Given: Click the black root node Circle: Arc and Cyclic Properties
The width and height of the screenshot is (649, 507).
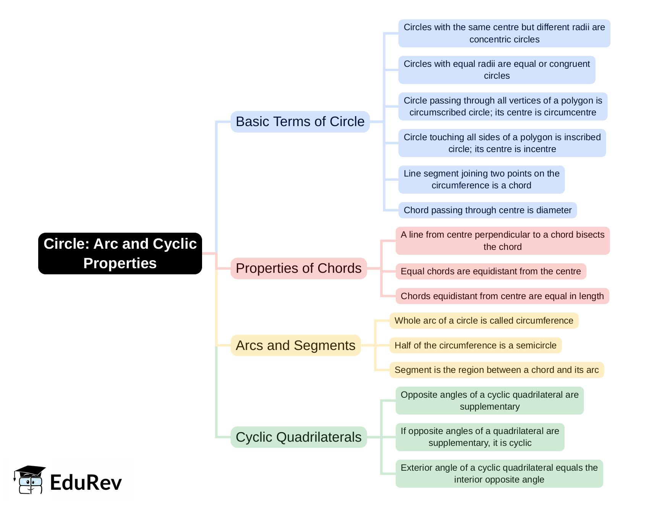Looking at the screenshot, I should tap(120, 253).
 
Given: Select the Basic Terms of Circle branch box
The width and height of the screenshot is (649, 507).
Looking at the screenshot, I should tap(300, 121).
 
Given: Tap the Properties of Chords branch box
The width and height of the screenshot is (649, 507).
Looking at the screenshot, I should tap(298, 268).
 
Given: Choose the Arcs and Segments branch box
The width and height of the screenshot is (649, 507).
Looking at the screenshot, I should tap(295, 345).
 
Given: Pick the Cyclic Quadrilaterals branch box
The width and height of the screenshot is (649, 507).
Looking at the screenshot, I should tap(298, 437).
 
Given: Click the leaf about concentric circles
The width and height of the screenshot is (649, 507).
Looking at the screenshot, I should tap(504, 33).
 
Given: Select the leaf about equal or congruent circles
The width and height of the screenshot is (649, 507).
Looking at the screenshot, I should tap(497, 70).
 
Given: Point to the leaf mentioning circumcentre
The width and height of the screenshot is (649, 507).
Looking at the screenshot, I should tap(502, 107).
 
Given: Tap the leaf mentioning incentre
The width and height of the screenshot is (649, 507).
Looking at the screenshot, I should tap(502, 143).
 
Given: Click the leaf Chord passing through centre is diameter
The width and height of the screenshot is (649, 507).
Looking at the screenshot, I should tap(487, 210).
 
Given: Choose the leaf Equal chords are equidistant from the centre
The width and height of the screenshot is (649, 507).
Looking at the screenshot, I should tap(490, 271).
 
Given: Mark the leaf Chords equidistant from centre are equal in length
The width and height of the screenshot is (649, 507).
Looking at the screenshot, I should tap(502, 296).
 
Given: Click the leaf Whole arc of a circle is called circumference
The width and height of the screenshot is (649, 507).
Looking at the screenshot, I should tap(484, 321).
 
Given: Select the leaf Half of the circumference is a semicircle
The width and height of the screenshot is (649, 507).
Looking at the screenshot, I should tap(475, 345).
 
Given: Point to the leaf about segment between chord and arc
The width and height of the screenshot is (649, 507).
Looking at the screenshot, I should tap(496, 370).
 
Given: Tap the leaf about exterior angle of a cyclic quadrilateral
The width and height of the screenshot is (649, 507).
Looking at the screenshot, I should tap(499, 473).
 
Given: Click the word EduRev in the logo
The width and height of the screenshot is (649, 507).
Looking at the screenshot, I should tap(86, 483).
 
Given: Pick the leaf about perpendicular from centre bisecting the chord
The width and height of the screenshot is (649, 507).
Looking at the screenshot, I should tap(502, 241).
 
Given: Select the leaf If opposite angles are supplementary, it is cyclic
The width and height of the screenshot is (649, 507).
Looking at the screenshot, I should tap(479, 437).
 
